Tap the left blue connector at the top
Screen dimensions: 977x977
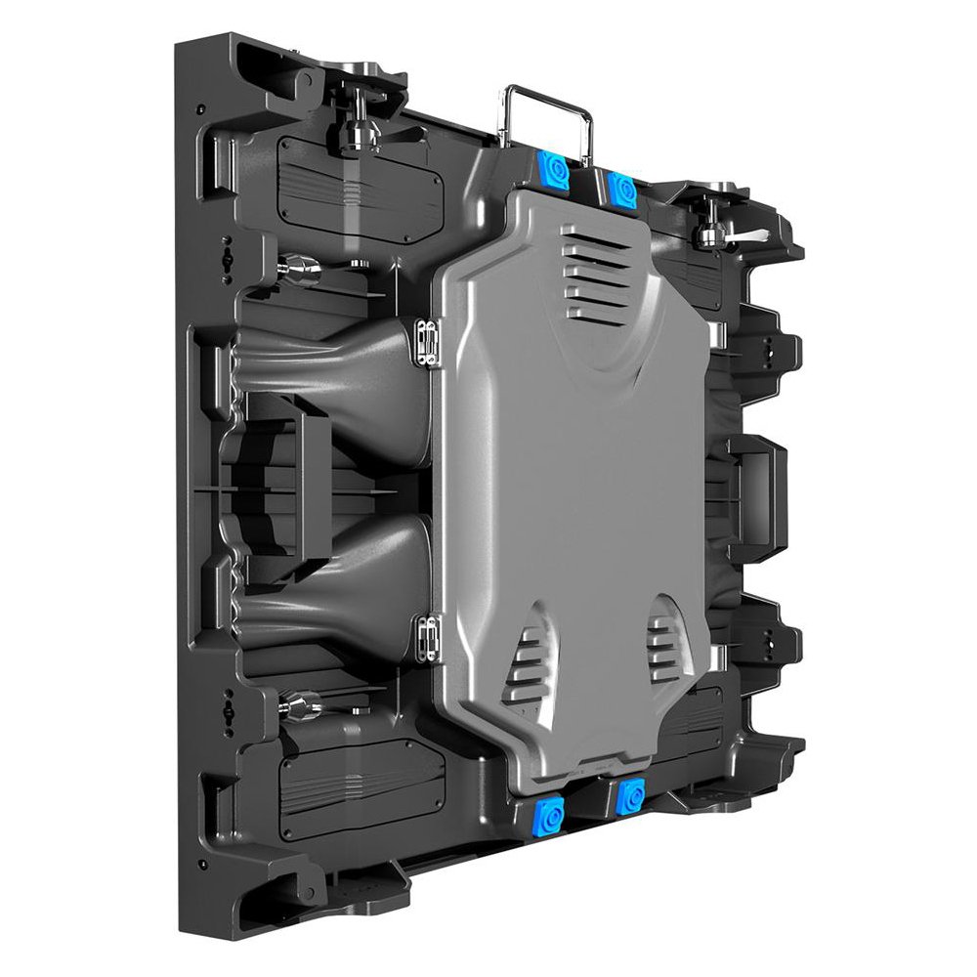555,172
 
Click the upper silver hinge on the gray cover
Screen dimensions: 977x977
425,343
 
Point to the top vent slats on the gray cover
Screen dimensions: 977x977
596,275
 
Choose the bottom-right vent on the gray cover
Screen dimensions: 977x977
665,645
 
